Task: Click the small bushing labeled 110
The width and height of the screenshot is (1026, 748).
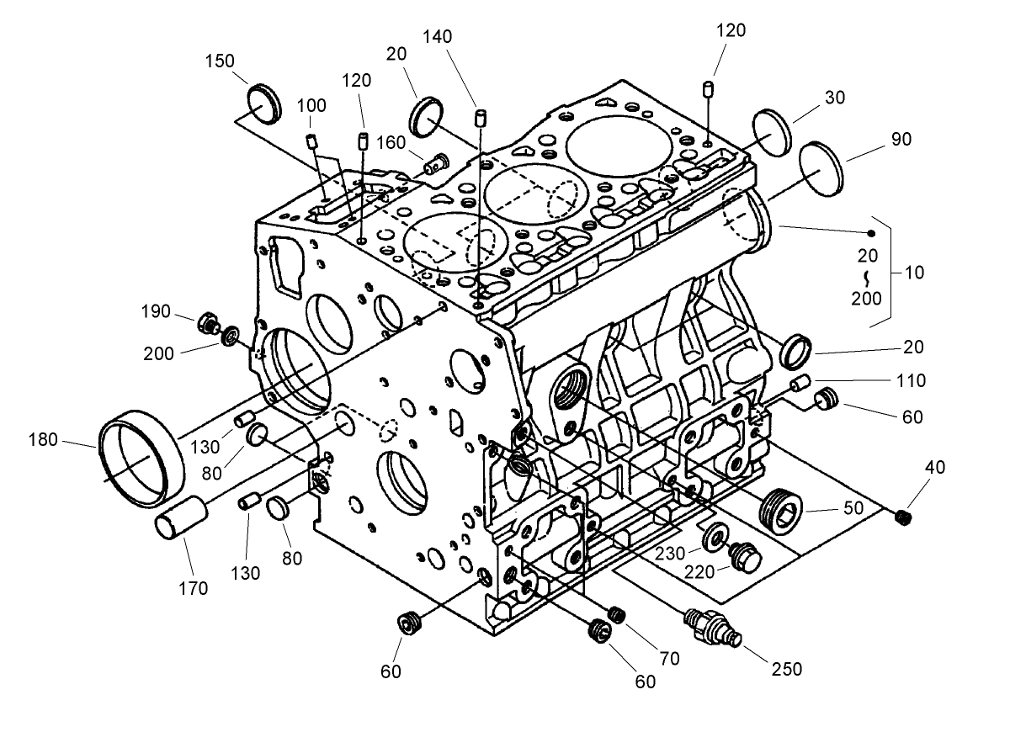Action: click(800, 385)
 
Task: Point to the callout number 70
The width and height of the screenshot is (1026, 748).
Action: click(669, 659)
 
